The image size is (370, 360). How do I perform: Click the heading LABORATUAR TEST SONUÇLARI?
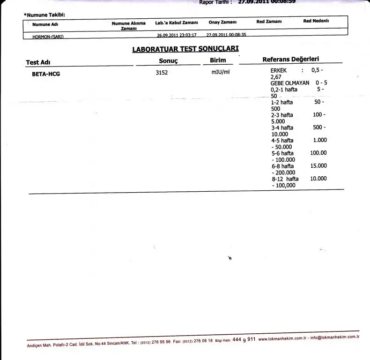pos(185,49)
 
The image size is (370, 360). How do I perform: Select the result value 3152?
pos(162,73)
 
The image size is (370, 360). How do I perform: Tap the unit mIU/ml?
pos(221,73)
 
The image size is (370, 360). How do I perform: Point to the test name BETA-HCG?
pos(46,74)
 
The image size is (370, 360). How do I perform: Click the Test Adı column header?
pos(38,62)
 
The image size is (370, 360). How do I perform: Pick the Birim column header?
pos(218,60)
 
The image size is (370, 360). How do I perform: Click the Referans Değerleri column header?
pos(290,60)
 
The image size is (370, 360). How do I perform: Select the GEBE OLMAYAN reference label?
pos(290,83)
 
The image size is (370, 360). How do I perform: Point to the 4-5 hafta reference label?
pos(282,140)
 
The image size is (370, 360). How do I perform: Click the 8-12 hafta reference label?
pos(284,179)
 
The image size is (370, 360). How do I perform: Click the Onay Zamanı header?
pos(222,22)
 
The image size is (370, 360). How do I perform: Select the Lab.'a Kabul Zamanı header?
pos(177,22)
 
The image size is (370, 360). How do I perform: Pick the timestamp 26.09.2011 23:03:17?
pos(177,35)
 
